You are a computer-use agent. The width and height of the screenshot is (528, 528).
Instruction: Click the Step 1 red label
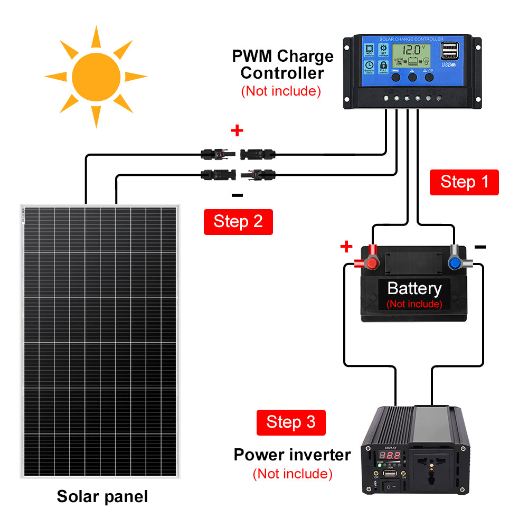[x=464, y=182]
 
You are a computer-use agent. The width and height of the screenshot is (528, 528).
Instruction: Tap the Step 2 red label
[x=238, y=222]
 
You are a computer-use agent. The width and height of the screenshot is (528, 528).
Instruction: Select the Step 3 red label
[x=291, y=422]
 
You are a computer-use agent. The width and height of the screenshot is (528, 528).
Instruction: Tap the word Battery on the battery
[x=414, y=289]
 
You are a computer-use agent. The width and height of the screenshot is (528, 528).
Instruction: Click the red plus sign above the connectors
[x=237, y=130]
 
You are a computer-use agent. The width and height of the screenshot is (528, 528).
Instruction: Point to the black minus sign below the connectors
[x=237, y=195]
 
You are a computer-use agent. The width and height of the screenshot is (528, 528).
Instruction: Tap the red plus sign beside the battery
[x=346, y=246]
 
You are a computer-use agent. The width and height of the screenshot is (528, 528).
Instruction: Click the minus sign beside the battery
[x=480, y=247]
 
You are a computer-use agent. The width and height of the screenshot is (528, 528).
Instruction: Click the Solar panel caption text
[x=102, y=497]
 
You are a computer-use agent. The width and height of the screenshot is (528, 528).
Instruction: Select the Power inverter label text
[x=292, y=455]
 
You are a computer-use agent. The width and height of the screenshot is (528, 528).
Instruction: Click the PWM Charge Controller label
[x=283, y=64]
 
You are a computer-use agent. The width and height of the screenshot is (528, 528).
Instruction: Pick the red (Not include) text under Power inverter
[x=292, y=474]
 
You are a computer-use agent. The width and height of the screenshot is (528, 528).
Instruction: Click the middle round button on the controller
[x=412, y=77]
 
